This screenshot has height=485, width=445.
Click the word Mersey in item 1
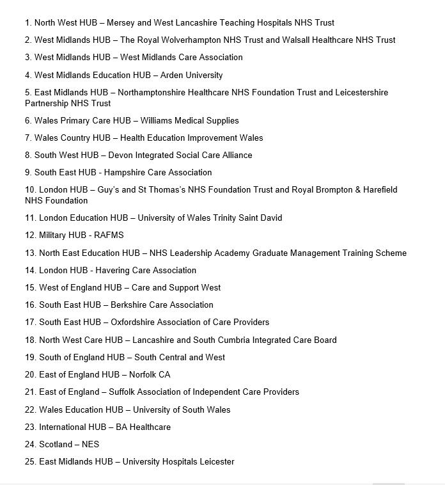pos(121,22)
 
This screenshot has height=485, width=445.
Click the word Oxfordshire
pos(135,322)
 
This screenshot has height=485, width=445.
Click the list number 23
pos(31,427)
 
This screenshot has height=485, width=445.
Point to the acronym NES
pos(90,444)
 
